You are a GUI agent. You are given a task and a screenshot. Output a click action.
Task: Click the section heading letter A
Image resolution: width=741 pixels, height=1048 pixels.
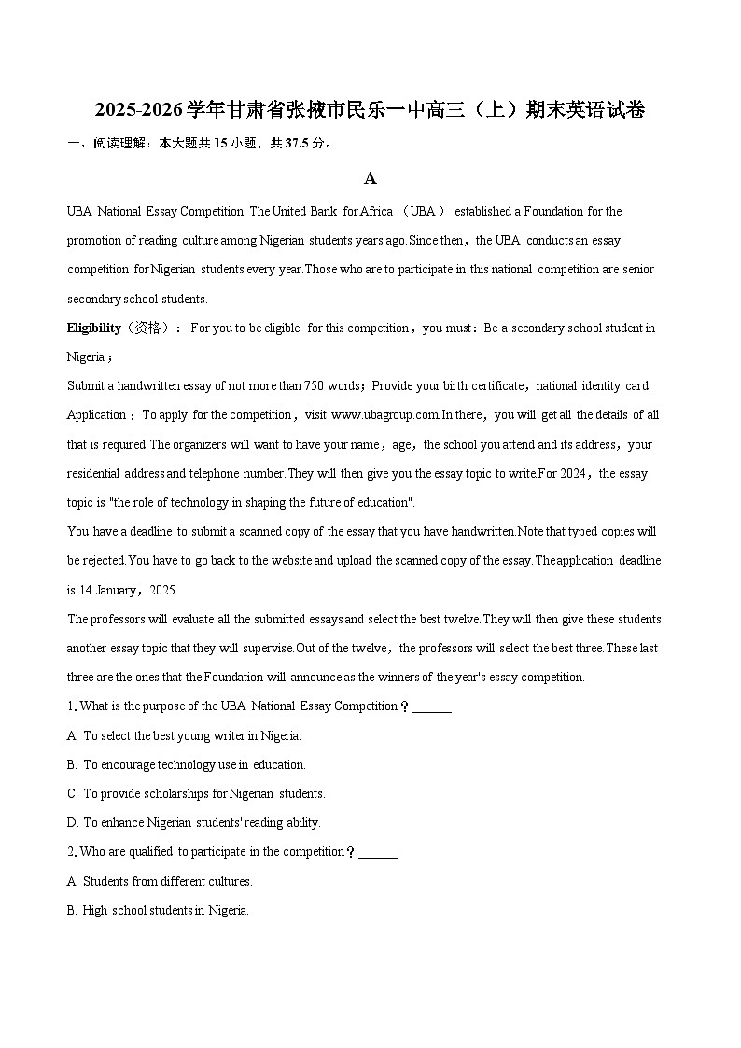pyautogui.click(x=370, y=178)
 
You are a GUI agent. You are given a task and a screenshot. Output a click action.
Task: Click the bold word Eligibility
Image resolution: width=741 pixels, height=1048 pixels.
pyautogui.click(x=93, y=328)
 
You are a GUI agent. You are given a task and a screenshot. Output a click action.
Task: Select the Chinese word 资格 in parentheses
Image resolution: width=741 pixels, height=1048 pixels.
pyautogui.click(x=147, y=328)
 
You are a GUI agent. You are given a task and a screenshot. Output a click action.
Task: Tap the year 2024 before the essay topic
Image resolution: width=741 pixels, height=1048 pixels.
pyautogui.click(x=573, y=474)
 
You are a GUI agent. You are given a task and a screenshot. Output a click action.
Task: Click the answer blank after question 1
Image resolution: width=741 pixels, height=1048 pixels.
pyautogui.click(x=431, y=706)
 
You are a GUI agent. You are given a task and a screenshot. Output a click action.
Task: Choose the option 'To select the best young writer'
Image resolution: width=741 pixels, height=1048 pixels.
pyautogui.click(x=191, y=735)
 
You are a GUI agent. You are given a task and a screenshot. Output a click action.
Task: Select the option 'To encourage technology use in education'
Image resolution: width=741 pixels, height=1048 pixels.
pyautogui.click(x=194, y=764)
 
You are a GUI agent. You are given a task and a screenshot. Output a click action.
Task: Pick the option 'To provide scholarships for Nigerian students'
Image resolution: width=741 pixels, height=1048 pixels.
pyautogui.click(x=203, y=793)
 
